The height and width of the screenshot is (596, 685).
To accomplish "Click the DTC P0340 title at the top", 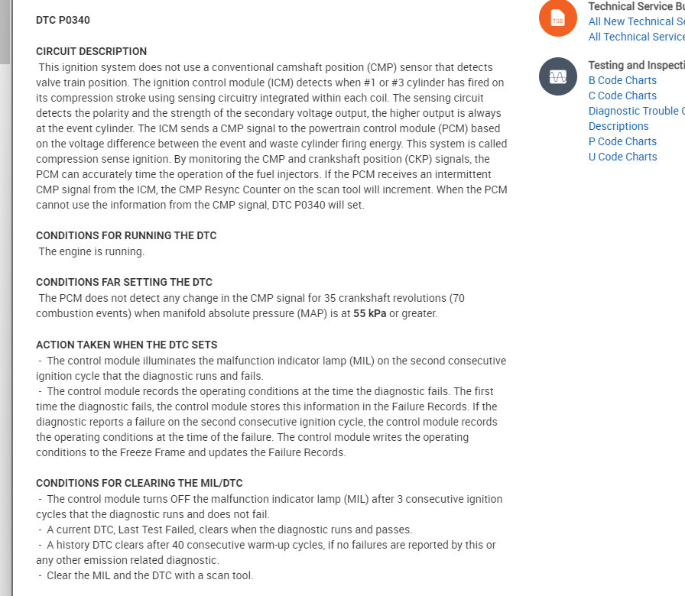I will point(63,20).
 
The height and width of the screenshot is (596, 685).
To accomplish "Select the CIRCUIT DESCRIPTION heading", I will point(91,51).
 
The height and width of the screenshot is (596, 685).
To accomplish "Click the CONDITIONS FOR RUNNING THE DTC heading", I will point(126,235).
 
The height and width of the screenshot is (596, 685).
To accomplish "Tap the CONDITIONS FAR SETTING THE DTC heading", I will point(124,282).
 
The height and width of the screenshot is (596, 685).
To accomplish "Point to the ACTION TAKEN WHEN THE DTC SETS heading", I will point(126,345).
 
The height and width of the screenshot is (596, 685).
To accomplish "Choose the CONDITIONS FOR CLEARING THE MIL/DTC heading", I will point(139,483).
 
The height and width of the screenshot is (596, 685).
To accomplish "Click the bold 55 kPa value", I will point(370,313).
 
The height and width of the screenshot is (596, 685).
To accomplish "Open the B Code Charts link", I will point(622,80).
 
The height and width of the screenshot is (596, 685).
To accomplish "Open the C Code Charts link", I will point(622,96).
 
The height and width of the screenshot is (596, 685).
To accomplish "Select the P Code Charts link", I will point(622,141).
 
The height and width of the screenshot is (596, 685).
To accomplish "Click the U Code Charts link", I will point(622,157).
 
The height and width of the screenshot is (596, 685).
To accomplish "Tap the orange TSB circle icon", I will point(558,18).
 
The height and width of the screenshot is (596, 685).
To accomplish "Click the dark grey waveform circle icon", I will point(558,76).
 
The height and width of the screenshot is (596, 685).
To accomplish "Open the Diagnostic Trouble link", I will point(636,111).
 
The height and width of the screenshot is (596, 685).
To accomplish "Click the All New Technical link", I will point(636,21).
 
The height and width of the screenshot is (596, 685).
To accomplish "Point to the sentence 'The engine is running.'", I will point(91,251).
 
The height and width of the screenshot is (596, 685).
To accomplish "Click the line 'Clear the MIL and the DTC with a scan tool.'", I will point(150,575).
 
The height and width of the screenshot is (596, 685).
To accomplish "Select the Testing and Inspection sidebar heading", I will point(636,65).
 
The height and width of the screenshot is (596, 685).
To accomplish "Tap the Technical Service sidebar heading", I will point(636,6).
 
